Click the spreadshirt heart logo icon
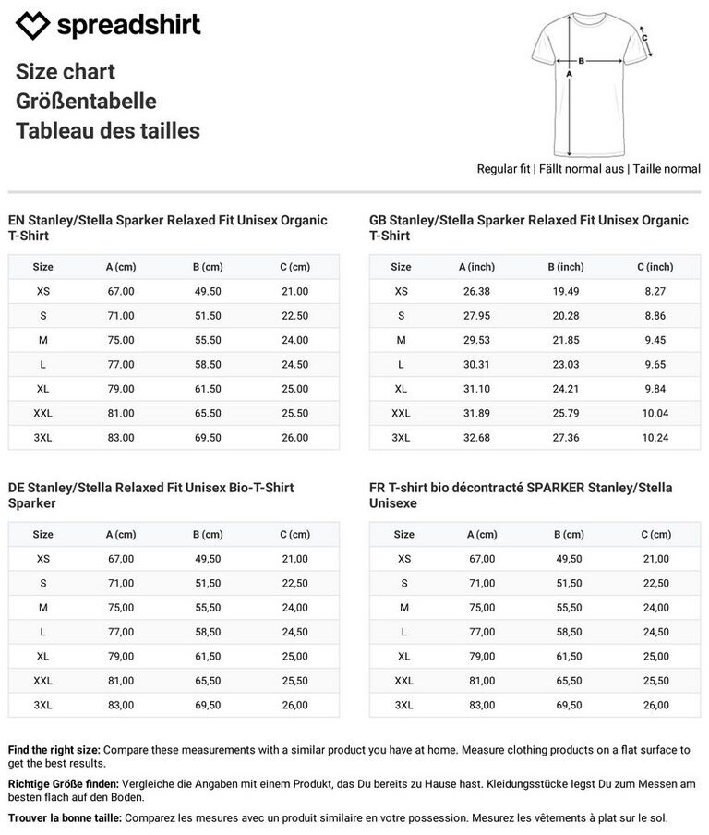[x=33, y=26]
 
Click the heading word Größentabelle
[x=86, y=102]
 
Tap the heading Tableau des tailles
[x=107, y=131]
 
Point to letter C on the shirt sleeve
[x=644, y=39]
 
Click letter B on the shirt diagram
[x=582, y=61]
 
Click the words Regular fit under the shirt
[x=503, y=169]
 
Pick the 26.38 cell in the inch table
[x=476, y=291]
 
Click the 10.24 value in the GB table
[x=655, y=438]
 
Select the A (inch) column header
[x=476, y=267]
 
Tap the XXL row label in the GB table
[x=401, y=414]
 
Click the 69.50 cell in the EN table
[x=208, y=438]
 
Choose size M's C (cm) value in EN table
[x=294, y=340]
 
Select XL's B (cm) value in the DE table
[x=208, y=657]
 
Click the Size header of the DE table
[x=43, y=535]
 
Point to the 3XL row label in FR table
[x=404, y=706]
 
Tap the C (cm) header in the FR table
[x=655, y=535]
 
